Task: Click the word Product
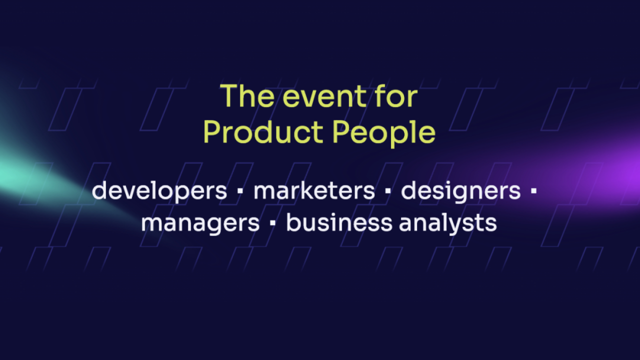(263, 132)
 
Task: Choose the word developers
(159, 191)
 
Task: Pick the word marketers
(314, 190)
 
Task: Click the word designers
(460, 191)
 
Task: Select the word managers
(200, 223)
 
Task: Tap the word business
(339, 222)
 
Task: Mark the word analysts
(447, 223)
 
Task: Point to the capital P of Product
(212, 132)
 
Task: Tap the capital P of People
(341, 132)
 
